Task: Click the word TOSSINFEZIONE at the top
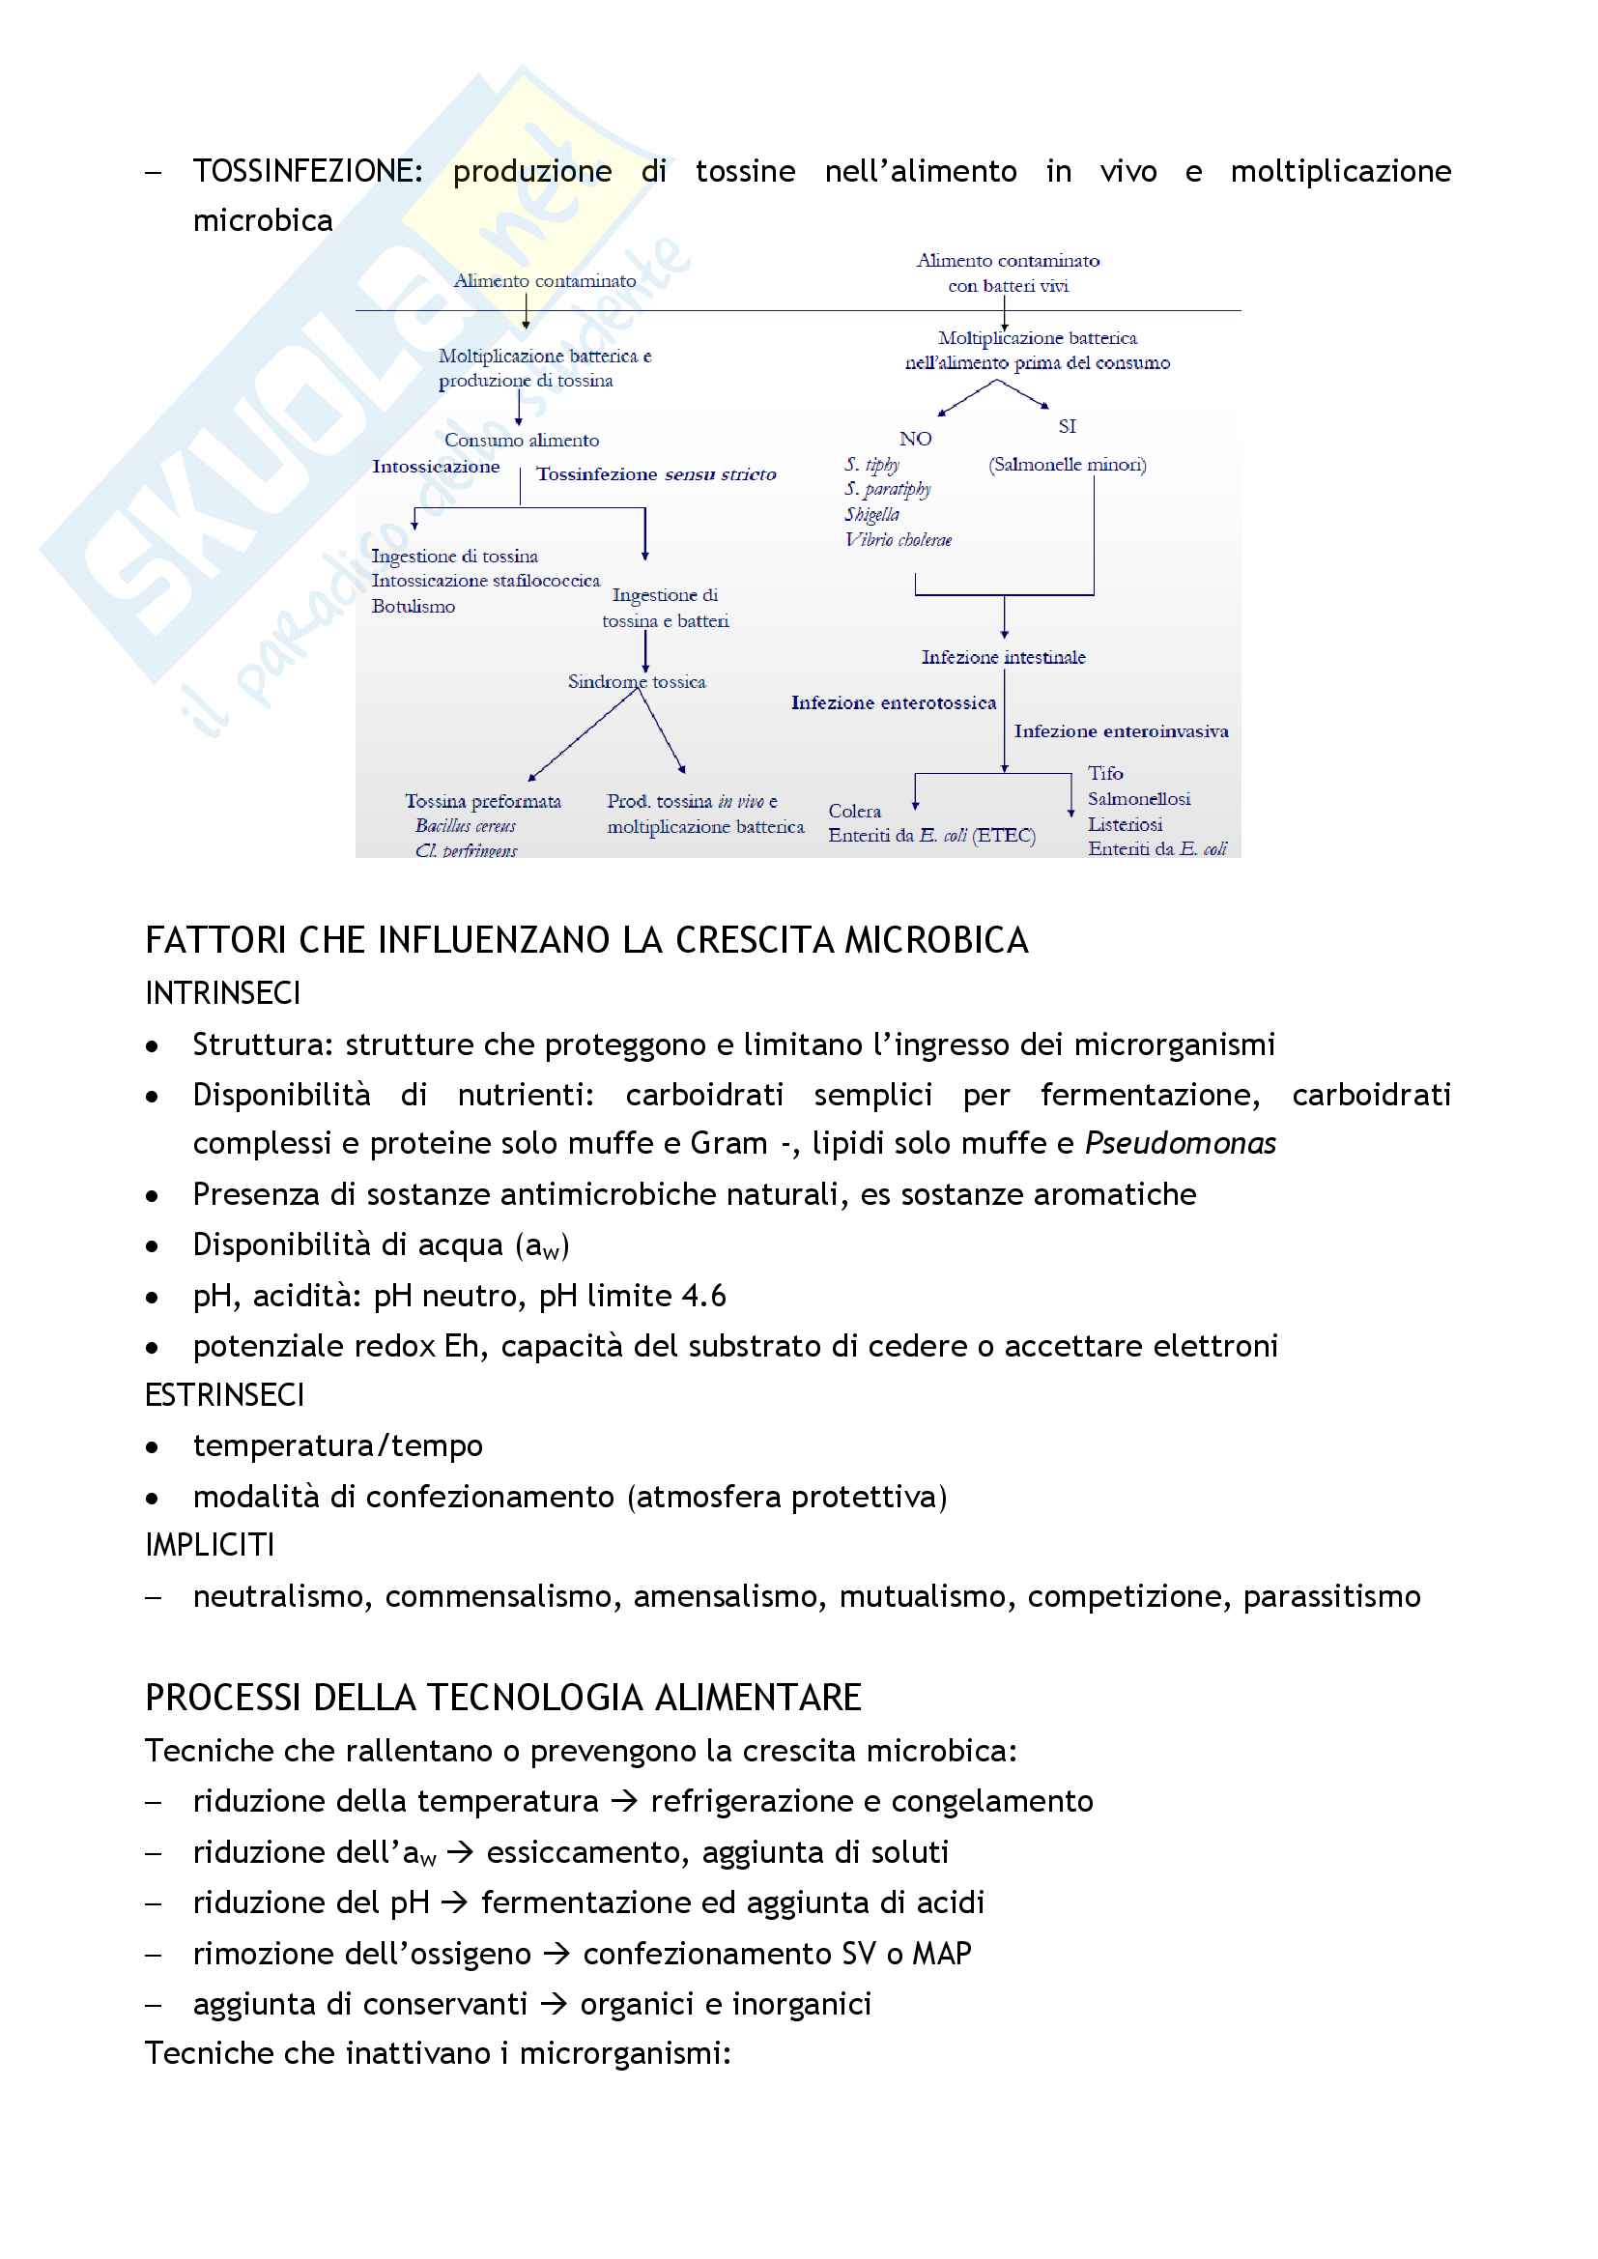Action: (307, 171)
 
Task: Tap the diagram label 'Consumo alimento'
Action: (522, 440)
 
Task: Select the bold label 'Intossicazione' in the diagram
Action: (435, 467)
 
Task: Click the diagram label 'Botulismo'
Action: (414, 606)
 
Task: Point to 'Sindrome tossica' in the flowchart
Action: (637, 681)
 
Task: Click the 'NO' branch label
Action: (915, 439)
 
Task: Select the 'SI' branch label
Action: (1068, 426)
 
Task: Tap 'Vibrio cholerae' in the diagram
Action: (899, 539)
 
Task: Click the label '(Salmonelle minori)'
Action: (1068, 465)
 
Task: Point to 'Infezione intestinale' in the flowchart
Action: (1004, 656)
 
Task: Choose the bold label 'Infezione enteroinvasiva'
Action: (1121, 731)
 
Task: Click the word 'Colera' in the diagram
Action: (854, 811)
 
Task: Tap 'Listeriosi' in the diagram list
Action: (1125, 823)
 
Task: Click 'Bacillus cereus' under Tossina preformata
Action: (466, 825)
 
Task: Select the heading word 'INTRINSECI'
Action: (222, 992)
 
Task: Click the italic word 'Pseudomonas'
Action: (1180, 1143)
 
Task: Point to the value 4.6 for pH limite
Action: (703, 1296)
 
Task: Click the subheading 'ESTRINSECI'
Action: (224, 1395)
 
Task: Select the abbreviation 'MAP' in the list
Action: (942, 1953)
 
